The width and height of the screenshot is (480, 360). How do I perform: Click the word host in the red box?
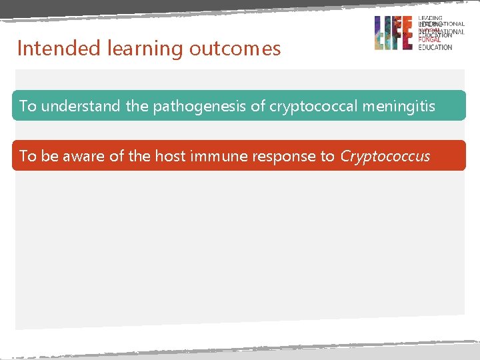(170, 156)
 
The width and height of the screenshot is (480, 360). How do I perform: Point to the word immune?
(217, 156)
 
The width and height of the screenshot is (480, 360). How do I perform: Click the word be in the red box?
(49, 156)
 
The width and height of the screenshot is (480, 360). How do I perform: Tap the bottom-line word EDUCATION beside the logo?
(435, 47)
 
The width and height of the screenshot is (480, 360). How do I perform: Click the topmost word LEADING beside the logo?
(430, 19)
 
